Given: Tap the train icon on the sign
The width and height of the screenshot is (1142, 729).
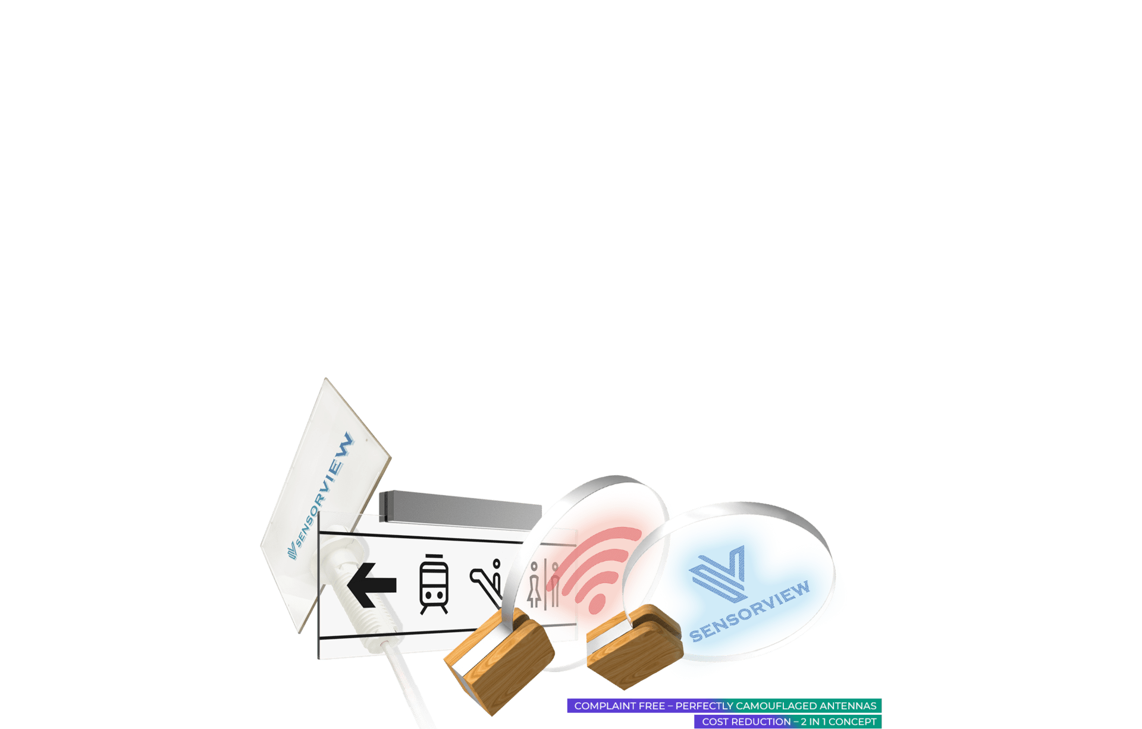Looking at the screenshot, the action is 434,584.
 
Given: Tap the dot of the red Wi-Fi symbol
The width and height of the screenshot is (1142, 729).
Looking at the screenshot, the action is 597,605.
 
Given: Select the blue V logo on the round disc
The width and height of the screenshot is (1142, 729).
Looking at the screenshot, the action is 718,573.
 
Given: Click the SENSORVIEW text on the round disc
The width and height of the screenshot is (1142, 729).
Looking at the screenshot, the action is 749,612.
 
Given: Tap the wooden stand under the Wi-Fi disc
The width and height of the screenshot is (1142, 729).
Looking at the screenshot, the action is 500,660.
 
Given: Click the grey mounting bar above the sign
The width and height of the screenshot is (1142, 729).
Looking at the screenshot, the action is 460,509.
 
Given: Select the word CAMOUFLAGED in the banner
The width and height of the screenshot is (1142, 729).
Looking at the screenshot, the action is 777,706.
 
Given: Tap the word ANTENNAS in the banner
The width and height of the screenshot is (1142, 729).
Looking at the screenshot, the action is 848,706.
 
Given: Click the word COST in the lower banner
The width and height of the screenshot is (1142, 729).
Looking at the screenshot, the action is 715,722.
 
